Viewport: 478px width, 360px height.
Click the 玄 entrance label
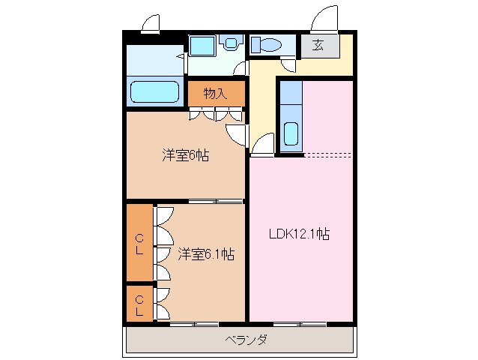click(318, 45)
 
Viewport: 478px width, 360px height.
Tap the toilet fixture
click(264, 45)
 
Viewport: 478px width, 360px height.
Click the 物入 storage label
click(215, 94)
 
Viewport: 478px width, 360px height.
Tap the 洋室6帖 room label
click(185, 156)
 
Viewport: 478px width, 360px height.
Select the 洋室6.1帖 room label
click(205, 254)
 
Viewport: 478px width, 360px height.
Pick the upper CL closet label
click(139, 244)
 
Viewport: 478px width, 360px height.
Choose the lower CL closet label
click(139, 304)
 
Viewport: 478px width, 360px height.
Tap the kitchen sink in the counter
click(291, 134)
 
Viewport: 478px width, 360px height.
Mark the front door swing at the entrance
click(327, 18)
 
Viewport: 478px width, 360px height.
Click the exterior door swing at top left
click(152, 23)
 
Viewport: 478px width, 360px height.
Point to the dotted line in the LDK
click(327, 155)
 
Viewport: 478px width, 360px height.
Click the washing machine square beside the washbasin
click(201, 45)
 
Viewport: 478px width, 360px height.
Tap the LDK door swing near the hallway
click(263, 144)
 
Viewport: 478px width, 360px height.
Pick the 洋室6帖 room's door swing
click(238, 133)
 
